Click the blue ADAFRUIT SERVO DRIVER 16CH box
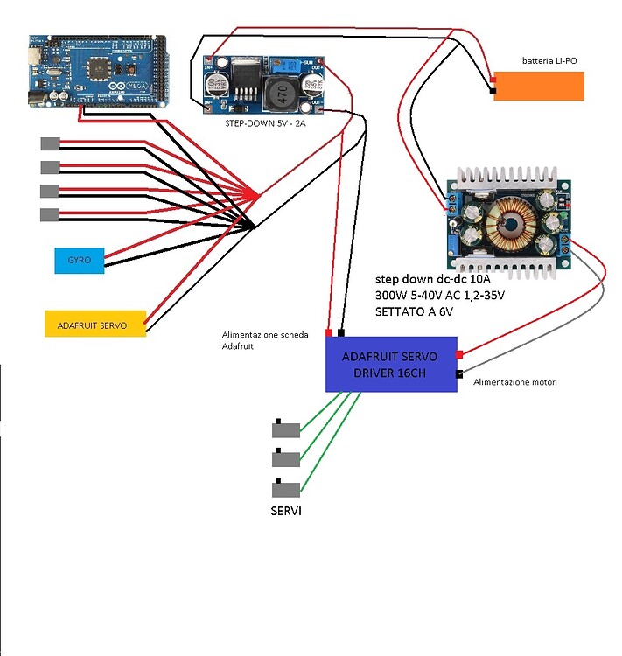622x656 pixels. (x=391, y=364)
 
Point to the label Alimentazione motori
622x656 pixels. (x=514, y=382)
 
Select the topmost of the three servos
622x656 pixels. (x=286, y=429)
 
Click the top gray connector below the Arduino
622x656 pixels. (x=50, y=143)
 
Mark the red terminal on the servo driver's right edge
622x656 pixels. (x=459, y=354)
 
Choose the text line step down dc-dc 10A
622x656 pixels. (x=433, y=277)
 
